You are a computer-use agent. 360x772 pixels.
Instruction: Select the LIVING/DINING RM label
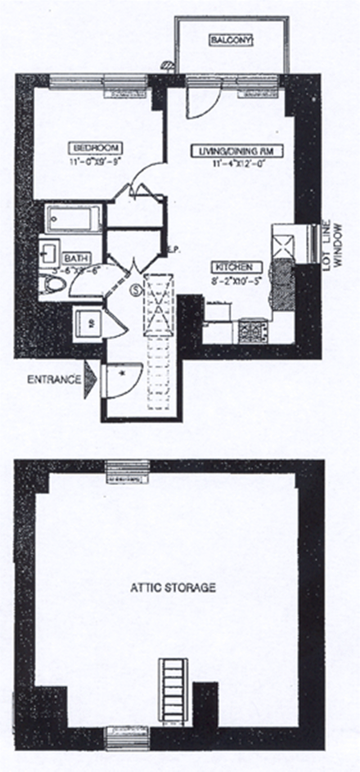click(237, 151)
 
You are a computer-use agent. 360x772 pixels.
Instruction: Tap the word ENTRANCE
click(54, 379)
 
